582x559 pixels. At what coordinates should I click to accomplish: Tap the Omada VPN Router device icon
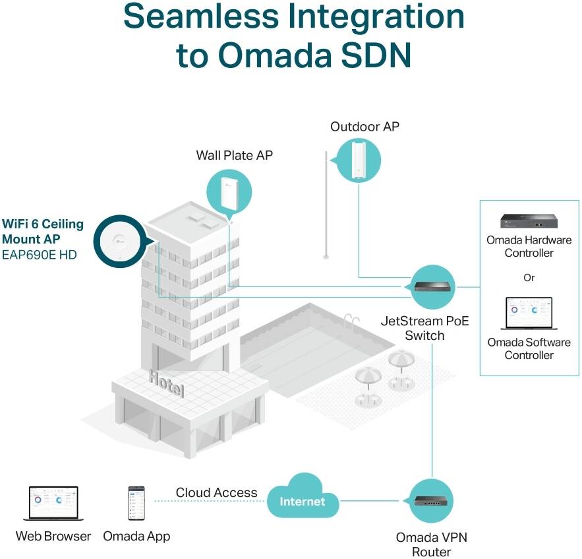431,501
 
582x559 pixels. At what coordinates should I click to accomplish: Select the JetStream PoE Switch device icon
433,287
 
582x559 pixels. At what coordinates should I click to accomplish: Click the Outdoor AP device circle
358,160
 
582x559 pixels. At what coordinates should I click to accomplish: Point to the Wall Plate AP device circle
229,193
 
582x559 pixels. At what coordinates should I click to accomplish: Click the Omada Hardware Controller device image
529,221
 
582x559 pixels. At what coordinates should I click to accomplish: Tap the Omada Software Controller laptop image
529,313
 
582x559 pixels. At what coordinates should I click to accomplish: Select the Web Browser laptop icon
53,504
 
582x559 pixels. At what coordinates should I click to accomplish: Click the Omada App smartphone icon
136,504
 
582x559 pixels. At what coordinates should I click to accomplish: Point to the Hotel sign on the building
166,383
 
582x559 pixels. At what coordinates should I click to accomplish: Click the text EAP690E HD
40,255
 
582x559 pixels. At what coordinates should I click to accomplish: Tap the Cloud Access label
216,492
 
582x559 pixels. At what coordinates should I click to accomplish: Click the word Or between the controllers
529,278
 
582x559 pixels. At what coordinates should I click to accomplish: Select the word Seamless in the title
201,16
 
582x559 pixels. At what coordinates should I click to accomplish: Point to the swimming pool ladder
351,320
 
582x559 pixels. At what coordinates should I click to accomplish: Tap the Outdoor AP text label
365,127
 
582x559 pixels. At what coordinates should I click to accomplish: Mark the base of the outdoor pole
326,256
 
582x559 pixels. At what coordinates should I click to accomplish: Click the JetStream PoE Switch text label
424,328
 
